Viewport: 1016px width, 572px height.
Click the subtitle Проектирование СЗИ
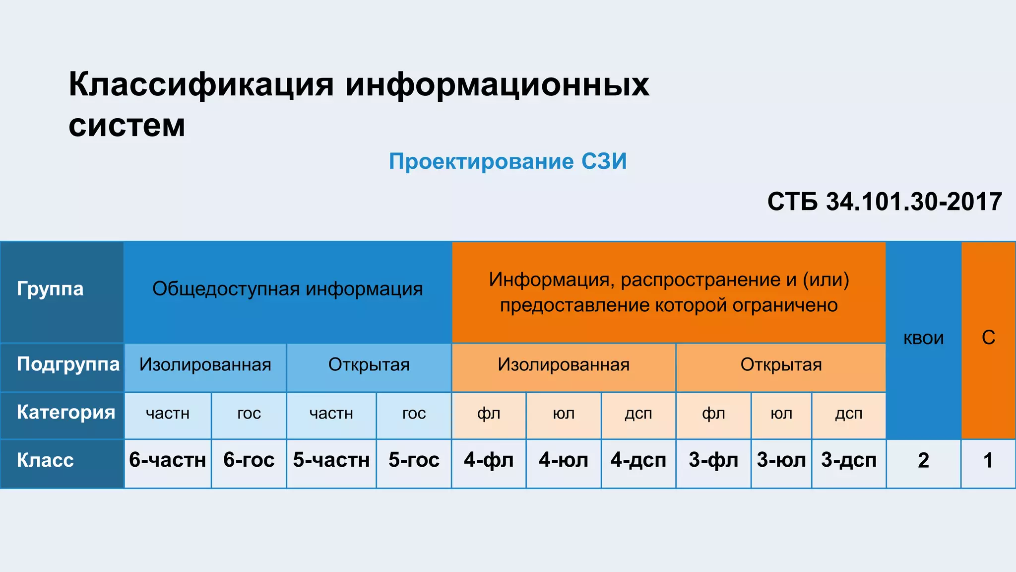coord(508,161)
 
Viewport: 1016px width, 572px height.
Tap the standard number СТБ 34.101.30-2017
coord(885,202)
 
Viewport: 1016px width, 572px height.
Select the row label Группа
coord(50,288)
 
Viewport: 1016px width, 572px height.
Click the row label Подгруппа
coord(68,364)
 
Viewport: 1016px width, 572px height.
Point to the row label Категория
coord(66,412)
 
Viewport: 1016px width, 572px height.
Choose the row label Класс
coord(45,460)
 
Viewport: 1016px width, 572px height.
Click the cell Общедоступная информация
coord(287,289)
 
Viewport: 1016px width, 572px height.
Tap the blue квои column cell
coord(923,338)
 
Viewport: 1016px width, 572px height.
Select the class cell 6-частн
coord(168,460)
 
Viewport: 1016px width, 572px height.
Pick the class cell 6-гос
coord(249,460)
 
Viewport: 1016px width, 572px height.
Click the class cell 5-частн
coord(331,460)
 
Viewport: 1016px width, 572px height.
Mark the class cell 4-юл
coord(564,460)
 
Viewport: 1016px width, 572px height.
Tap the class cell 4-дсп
coord(638,460)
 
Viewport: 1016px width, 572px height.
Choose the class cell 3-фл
coord(713,460)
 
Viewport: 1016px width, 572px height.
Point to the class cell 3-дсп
coord(849,460)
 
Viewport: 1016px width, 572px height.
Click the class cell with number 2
coord(923,461)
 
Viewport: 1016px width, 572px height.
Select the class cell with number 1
coord(988,461)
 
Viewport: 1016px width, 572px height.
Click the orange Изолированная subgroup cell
coord(564,365)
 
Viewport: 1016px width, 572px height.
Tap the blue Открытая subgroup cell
coord(369,365)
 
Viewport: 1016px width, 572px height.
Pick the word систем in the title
coord(127,125)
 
